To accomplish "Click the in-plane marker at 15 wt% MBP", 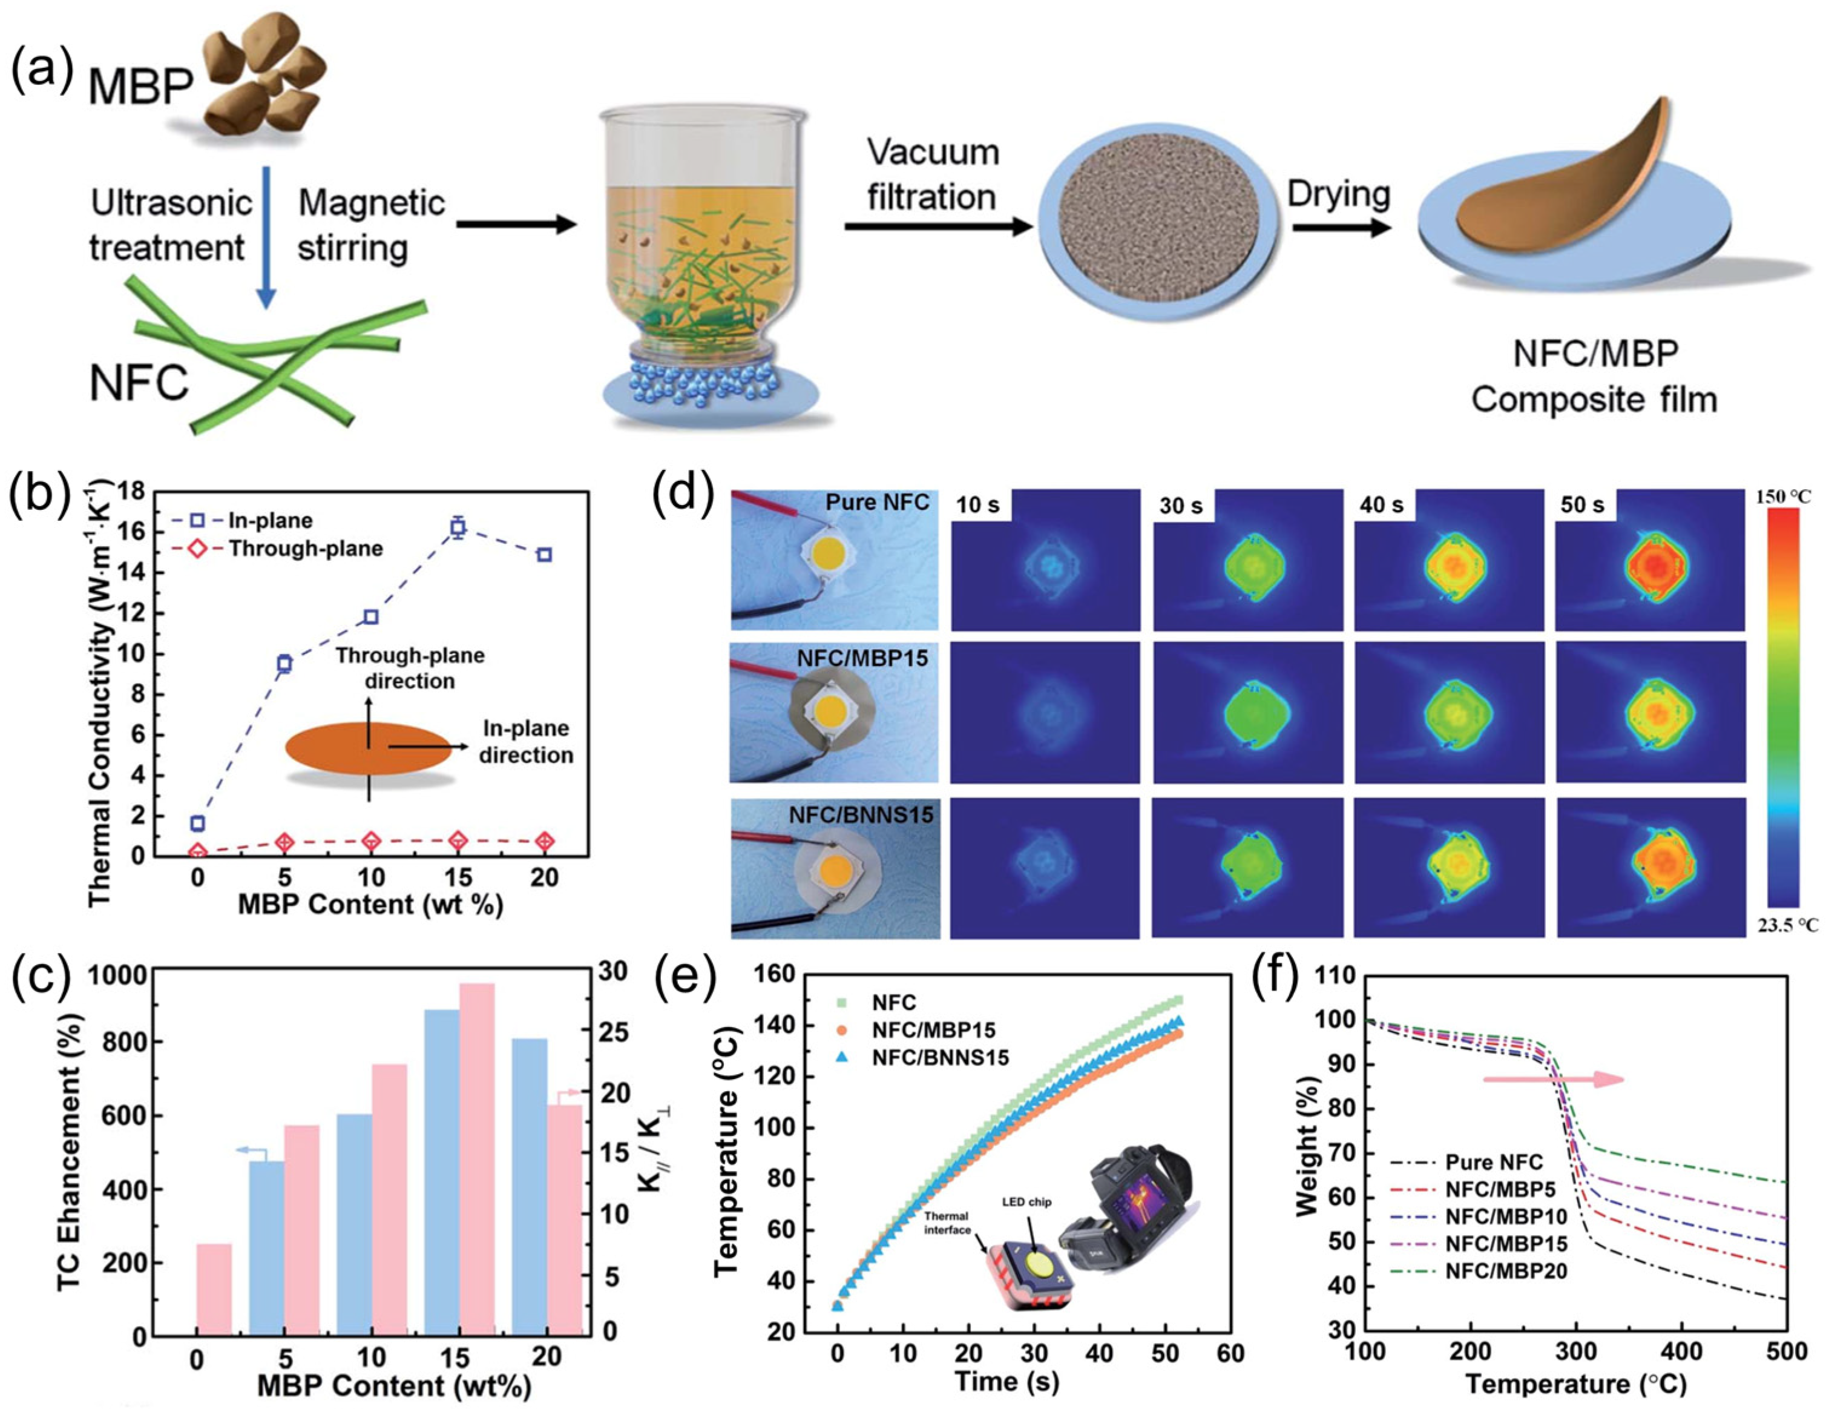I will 458,527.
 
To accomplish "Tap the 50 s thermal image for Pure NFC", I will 1650,560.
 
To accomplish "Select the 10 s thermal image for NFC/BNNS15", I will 1045,867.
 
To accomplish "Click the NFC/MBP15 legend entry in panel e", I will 932,1029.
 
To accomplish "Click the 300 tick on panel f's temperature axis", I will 1576,1351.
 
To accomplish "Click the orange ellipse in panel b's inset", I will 368,747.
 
